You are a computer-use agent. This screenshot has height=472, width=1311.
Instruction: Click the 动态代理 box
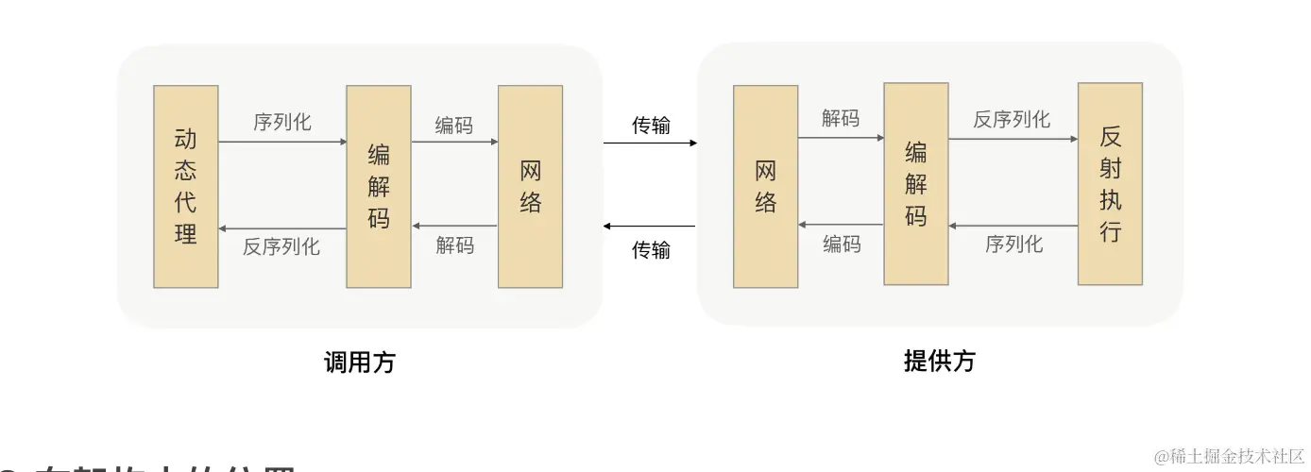click(x=186, y=186)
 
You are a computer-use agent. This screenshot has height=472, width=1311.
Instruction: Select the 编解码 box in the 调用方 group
click(x=379, y=186)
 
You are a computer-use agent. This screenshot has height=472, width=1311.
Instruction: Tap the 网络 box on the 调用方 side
click(x=530, y=186)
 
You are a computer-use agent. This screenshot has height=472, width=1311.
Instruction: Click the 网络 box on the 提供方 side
click(x=766, y=186)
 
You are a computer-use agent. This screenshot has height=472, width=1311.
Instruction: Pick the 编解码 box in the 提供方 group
click(x=915, y=184)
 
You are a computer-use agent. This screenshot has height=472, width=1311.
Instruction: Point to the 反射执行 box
click(x=1110, y=184)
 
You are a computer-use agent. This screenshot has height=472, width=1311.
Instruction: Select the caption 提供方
click(x=939, y=361)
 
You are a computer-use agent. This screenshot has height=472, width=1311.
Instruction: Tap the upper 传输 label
click(x=651, y=126)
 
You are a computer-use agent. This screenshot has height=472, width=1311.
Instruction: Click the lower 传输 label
click(x=651, y=249)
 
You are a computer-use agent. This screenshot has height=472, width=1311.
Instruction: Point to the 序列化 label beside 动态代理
click(x=281, y=123)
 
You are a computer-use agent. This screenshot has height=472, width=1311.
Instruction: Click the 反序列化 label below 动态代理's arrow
click(x=281, y=247)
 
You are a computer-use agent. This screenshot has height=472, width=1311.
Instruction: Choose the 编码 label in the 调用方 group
click(x=454, y=126)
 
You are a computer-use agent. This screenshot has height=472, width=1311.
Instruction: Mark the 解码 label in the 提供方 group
click(x=841, y=119)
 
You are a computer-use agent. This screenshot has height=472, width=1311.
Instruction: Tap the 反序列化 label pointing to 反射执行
click(x=1012, y=119)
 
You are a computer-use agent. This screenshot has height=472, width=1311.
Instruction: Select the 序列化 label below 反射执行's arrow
click(x=1013, y=244)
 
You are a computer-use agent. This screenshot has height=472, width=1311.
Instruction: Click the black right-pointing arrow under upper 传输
click(x=650, y=143)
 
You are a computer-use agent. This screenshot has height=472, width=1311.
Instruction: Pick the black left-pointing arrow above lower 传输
click(x=650, y=227)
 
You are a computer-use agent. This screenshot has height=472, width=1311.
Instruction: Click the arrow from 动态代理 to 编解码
click(x=281, y=142)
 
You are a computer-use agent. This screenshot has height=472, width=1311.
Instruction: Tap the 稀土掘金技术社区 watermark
click(x=1229, y=456)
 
